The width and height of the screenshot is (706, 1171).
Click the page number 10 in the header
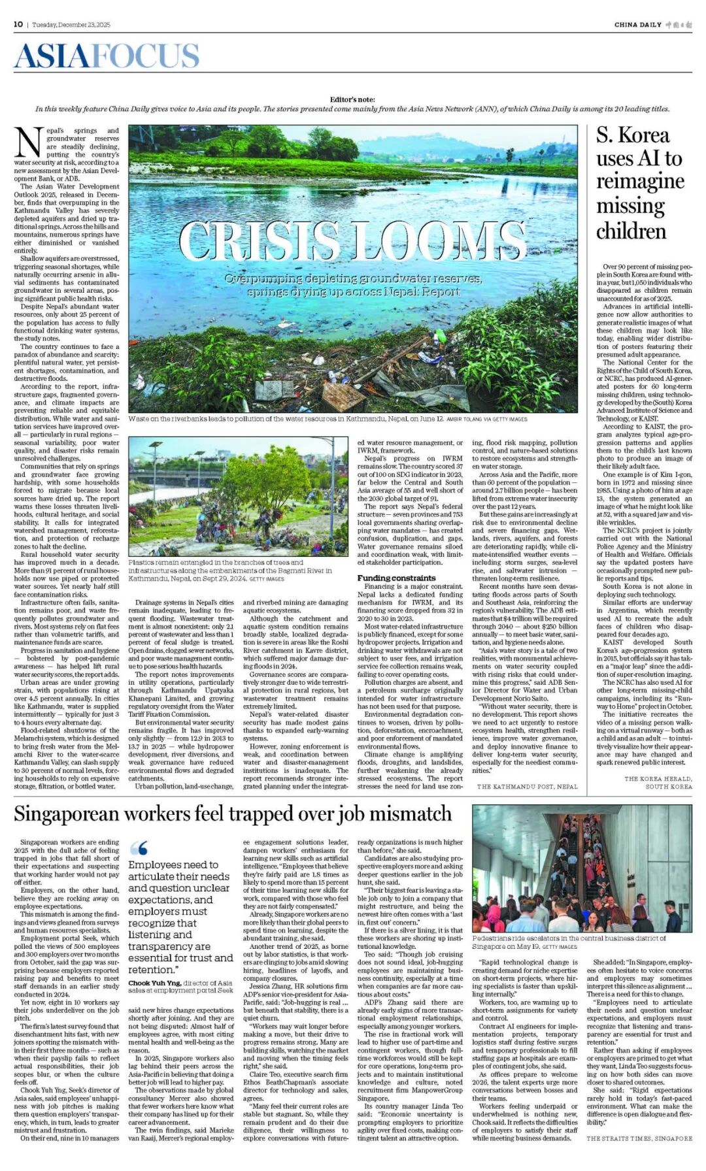point(18,24)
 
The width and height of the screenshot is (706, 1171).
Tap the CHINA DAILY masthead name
point(637,25)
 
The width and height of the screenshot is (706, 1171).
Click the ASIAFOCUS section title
point(107,56)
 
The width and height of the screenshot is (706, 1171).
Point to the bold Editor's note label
point(352,99)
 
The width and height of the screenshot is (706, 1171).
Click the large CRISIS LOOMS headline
point(352,242)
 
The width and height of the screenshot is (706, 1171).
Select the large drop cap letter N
point(28,142)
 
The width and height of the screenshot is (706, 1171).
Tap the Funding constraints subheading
point(396,578)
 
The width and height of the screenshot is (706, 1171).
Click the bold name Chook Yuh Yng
point(154,983)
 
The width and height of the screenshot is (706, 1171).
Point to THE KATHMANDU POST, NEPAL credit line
point(527,787)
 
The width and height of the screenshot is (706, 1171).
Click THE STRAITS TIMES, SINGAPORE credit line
point(639,1138)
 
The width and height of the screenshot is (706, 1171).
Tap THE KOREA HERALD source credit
point(658,779)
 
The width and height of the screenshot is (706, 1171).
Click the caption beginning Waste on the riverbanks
point(286,419)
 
